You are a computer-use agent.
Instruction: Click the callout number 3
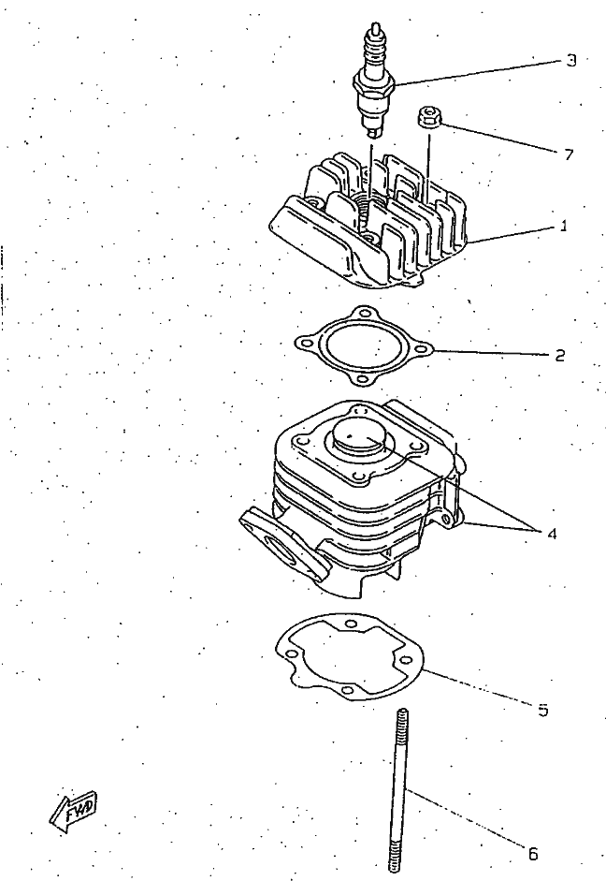570,61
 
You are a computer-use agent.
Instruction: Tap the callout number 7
569,154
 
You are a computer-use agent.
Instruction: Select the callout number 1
564,226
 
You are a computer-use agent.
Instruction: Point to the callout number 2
559,355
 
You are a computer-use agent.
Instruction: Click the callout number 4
552,534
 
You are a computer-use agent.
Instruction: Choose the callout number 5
542,710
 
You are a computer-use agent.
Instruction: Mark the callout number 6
532,853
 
